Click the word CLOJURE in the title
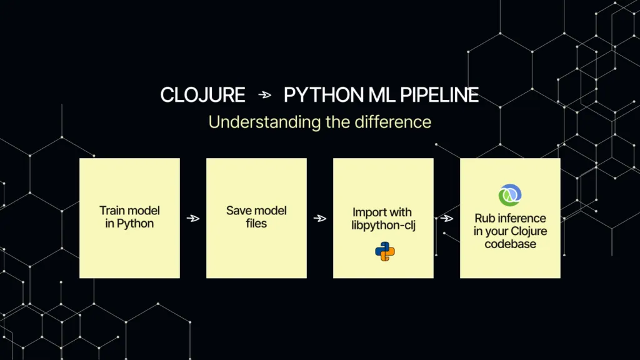(202, 95)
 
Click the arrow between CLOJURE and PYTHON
(265, 95)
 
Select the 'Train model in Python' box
(129, 218)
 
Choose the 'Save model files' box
(256, 218)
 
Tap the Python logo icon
(384, 251)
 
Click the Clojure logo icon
(510, 196)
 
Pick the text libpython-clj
(382, 225)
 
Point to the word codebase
(510, 244)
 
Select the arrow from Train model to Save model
(193, 218)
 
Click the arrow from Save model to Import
(320, 218)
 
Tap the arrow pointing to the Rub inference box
(447, 218)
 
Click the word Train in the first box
(113, 211)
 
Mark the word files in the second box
(256, 224)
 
